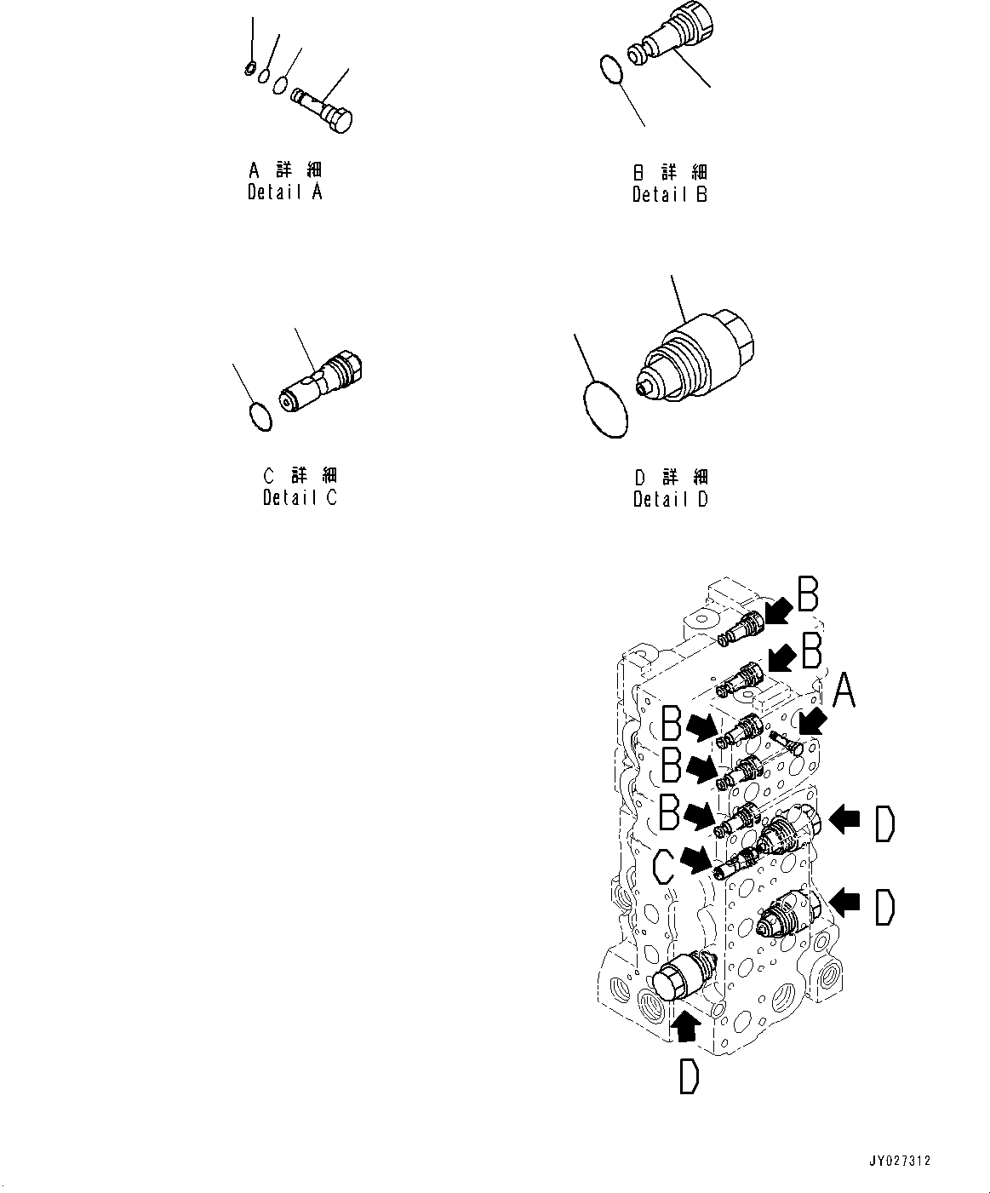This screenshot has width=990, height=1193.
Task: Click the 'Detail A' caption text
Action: [284, 192]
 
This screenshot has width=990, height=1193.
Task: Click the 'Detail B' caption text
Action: [669, 194]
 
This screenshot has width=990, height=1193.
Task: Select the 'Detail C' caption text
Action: [300, 497]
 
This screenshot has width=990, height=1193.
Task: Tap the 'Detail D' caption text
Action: [670, 499]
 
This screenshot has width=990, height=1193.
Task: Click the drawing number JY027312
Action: [900, 1160]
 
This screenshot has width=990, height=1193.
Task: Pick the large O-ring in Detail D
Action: [605, 410]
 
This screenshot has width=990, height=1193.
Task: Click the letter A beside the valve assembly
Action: [842, 691]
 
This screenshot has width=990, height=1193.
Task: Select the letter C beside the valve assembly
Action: [666, 869]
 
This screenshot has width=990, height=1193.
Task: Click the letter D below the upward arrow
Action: [688, 1078]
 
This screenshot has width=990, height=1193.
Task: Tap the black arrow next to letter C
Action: [698, 860]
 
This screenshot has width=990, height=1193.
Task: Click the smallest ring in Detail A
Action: [249, 68]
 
